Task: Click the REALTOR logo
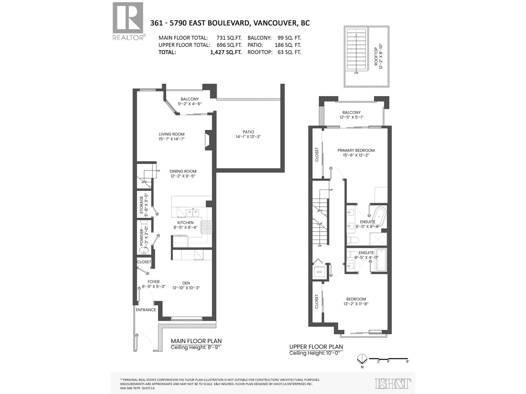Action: point(128,21)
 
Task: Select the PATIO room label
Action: point(248,132)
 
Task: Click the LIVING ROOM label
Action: point(171,134)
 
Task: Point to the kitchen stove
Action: point(206,227)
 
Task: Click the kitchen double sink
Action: point(193,212)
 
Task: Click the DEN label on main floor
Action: point(186,283)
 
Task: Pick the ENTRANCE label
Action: point(146,310)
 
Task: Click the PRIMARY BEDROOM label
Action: point(356,150)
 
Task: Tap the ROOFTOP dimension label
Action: point(378,56)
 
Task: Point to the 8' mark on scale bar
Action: point(408,361)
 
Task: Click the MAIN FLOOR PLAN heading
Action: point(196,341)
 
